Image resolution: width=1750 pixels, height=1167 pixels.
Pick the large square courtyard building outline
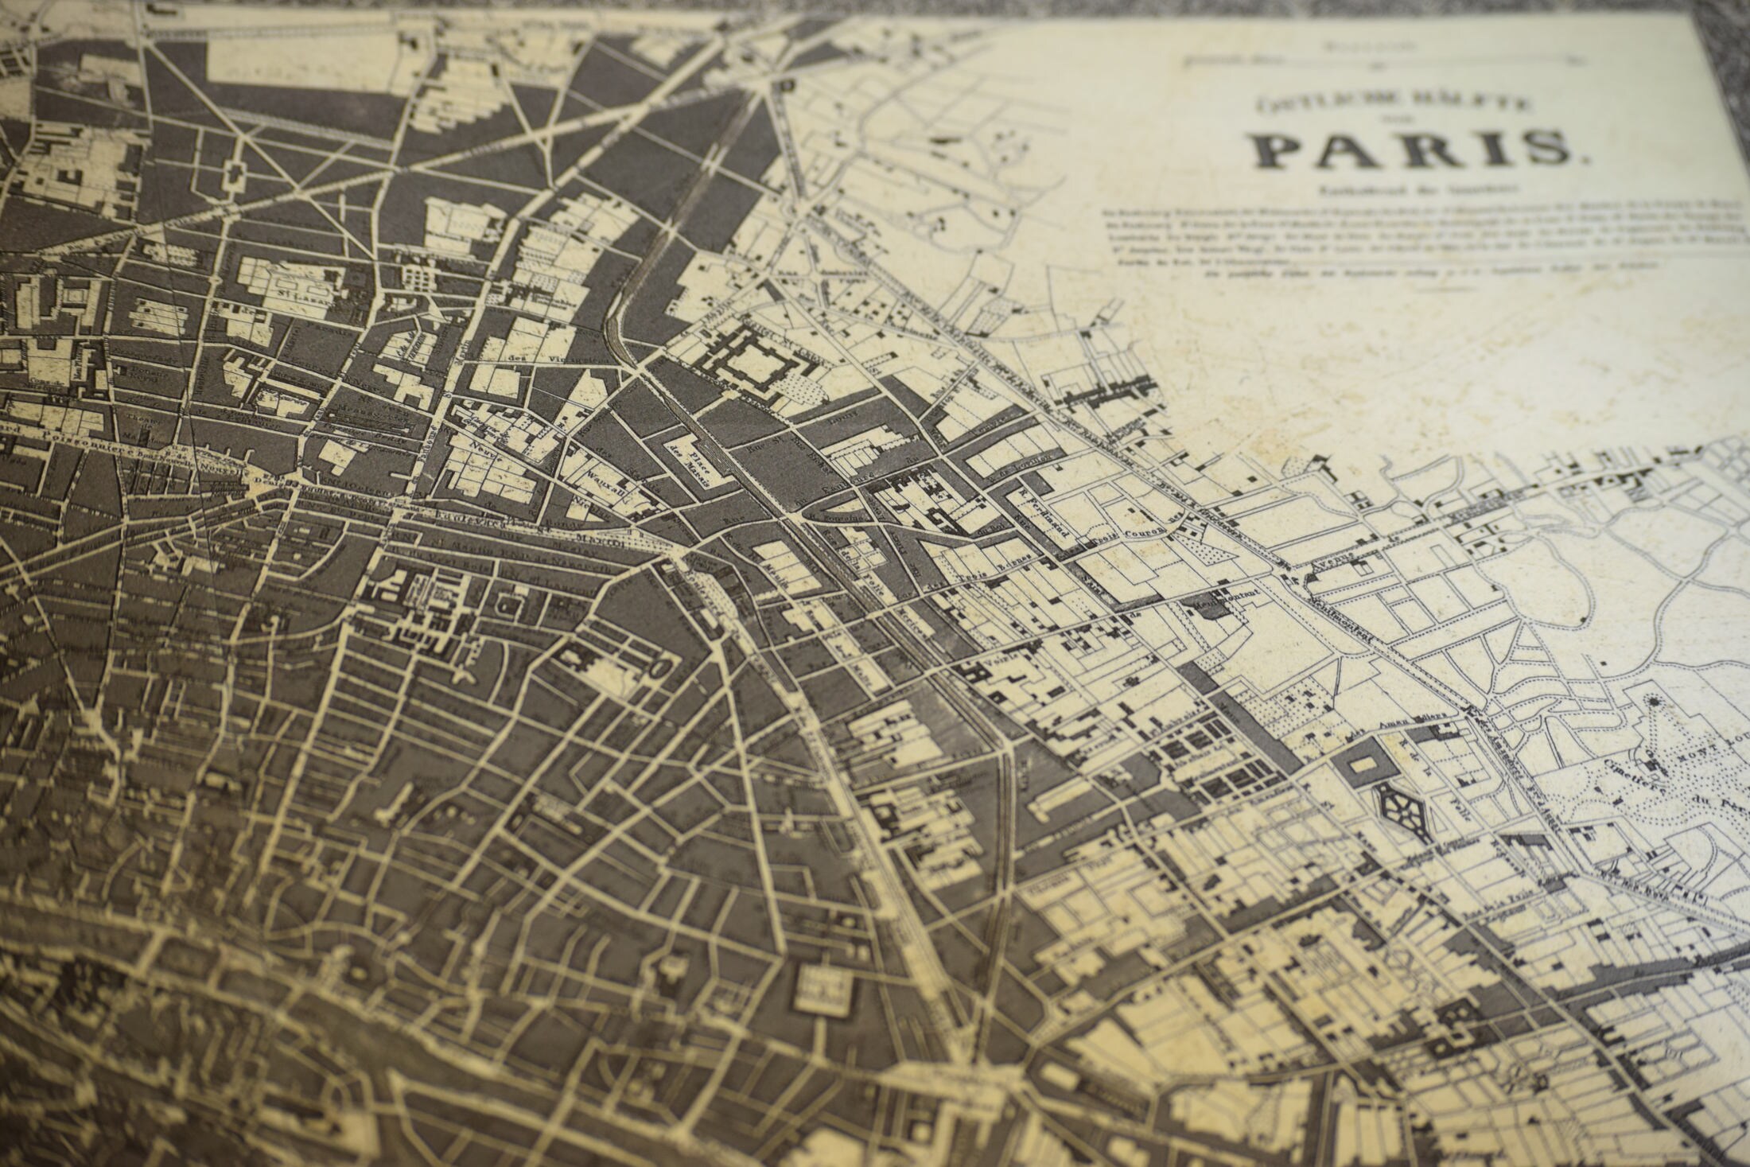pos(747,360)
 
